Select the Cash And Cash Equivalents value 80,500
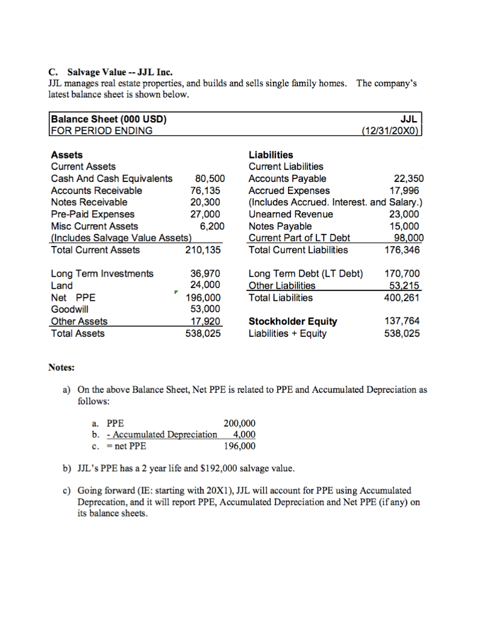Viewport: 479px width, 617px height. [x=210, y=178]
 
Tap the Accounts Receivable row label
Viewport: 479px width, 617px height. [x=96, y=190]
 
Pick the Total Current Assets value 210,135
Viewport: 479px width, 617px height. [x=203, y=250]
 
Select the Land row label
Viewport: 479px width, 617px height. [x=61, y=286]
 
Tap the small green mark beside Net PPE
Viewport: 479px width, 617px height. [x=175, y=293]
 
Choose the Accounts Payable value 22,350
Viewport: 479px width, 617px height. [x=409, y=178]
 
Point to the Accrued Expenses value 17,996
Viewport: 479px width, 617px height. [x=409, y=190]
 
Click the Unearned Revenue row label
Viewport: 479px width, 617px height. [x=290, y=215]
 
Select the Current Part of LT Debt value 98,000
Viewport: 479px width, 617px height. [x=409, y=238]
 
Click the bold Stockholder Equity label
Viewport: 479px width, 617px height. [x=293, y=321]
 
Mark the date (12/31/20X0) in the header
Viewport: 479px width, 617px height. [x=392, y=130]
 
